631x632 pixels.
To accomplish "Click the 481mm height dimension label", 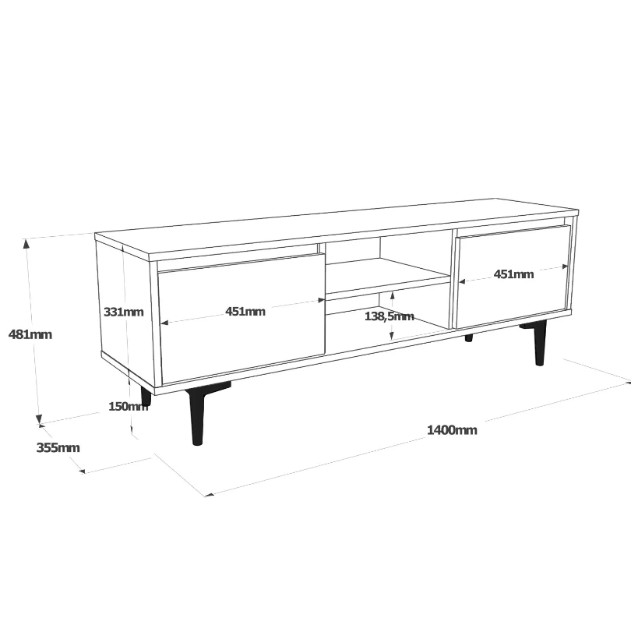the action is tap(30, 334).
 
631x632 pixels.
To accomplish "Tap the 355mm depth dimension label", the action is tap(58, 447).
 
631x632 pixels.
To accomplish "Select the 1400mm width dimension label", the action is tap(452, 430).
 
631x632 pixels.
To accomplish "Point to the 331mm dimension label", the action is tap(123, 312).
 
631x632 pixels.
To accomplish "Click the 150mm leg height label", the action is tap(128, 406).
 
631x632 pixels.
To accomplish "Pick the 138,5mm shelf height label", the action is tap(389, 316).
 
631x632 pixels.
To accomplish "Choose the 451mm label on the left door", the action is tap(245, 311).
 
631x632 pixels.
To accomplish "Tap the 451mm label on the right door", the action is tap(513, 274).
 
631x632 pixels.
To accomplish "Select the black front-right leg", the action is tap(539, 343).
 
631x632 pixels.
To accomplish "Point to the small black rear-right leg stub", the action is tap(469, 338).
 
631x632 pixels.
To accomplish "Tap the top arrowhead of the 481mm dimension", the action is tap(26, 243).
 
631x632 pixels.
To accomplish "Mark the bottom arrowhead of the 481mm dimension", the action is tap(39, 419).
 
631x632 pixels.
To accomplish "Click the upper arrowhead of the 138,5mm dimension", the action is tap(392, 297).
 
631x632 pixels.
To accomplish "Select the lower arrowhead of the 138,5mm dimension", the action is tap(392, 335).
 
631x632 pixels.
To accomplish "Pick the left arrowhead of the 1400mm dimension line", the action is tap(210, 495).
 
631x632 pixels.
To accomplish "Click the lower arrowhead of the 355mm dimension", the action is tap(83, 471).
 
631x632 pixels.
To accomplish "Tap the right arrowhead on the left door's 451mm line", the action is tap(321, 300).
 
